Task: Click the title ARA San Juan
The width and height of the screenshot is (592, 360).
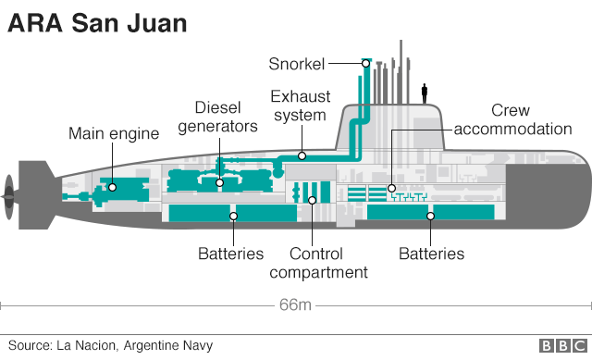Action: (97, 24)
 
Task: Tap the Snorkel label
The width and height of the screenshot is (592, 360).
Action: (297, 63)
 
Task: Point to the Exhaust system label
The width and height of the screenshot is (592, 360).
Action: (299, 106)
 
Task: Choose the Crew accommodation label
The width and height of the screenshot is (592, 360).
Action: (525, 119)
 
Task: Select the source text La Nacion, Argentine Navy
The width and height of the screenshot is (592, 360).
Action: (110, 345)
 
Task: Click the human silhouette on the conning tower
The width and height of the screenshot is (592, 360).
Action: (425, 92)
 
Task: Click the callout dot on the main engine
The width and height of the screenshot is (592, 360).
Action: (112, 187)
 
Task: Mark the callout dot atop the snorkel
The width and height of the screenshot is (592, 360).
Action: (366, 63)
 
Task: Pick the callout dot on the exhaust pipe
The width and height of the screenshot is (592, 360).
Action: (302, 155)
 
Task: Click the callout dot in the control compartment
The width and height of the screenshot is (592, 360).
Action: (313, 199)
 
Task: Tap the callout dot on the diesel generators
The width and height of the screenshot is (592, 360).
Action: (219, 182)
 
